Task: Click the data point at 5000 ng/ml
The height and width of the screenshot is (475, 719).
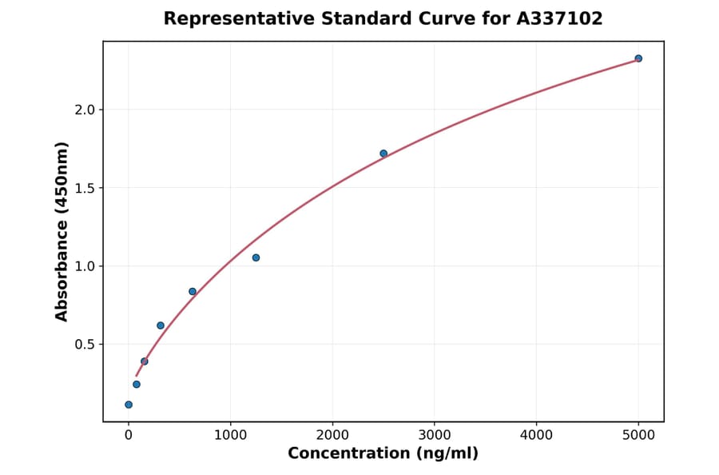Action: click(x=638, y=58)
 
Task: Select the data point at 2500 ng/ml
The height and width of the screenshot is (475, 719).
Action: click(x=383, y=154)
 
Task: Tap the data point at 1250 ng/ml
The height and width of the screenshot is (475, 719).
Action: click(x=256, y=257)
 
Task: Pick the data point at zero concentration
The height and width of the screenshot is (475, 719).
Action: click(x=129, y=405)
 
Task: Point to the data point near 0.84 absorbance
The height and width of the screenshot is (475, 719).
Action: click(x=193, y=291)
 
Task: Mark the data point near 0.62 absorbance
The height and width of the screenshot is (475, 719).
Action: click(x=161, y=325)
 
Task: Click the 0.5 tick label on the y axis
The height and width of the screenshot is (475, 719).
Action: click(x=84, y=345)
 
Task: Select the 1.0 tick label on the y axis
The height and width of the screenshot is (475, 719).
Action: click(x=84, y=266)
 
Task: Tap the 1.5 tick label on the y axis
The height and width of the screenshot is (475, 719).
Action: click(x=84, y=188)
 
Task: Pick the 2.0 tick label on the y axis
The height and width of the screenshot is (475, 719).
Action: click(x=84, y=110)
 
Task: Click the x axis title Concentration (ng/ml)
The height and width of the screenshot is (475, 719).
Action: click(x=383, y=454)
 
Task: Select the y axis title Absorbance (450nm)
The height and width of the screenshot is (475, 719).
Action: click(x=62, y=231)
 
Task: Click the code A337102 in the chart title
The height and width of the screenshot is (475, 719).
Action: click(x=558, y=18)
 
